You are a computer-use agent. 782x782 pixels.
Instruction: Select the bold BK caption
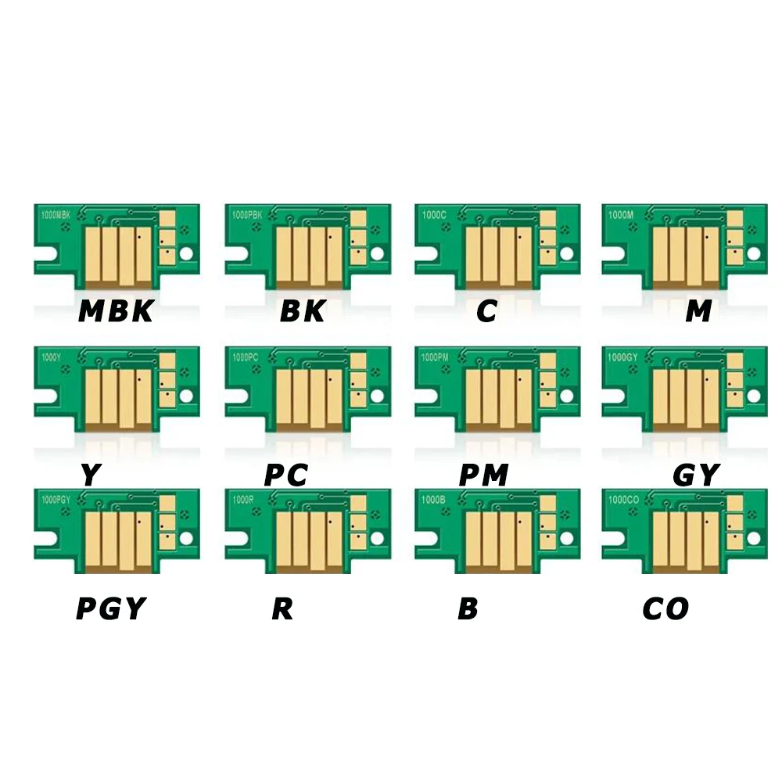pyautogui.click(x=303, y=311)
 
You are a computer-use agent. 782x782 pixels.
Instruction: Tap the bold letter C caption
pyautogui.click(x=486, y=311)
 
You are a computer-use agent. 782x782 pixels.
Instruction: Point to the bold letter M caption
pyautogui.click(x=698, y=311)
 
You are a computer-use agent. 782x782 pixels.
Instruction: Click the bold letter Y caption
pyautogui.click(x=90, y=475)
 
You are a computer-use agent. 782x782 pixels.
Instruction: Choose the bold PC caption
pyautogui.click(x=285, y=475)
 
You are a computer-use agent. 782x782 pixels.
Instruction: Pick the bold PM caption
pyautogui.click(x=484, y=475)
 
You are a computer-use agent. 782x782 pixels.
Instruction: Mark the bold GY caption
pyautogui.click(x=695, y=475)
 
